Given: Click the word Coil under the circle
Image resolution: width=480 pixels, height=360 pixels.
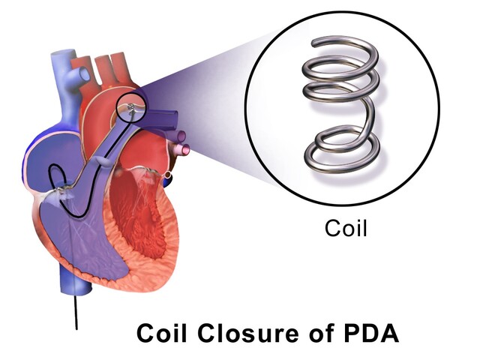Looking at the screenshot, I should [x=346, y=228].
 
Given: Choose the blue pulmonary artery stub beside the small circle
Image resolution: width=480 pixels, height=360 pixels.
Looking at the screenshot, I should [x=166, y=118].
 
